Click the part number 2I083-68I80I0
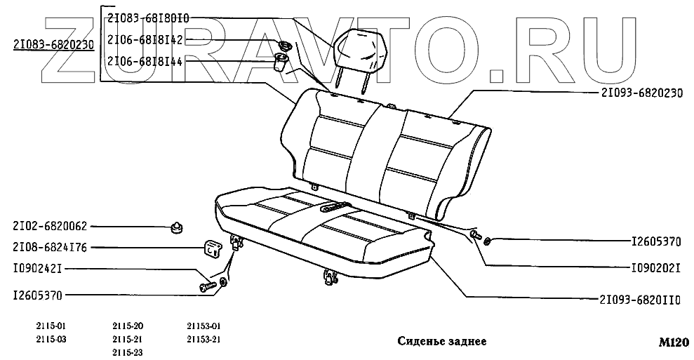148,19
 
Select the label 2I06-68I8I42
145,40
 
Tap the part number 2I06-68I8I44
145,61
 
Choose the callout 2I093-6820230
641,92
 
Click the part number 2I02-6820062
50,226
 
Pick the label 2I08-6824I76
50,248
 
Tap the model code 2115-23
128,352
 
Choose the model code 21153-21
203,340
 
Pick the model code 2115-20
128,326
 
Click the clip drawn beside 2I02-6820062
176,226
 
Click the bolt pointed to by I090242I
206,286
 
